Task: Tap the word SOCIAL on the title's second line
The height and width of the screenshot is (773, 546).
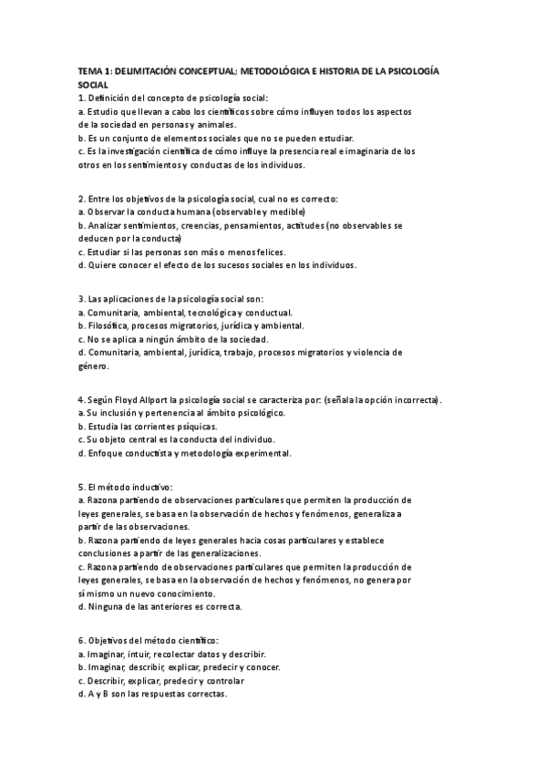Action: (x=94, y=84)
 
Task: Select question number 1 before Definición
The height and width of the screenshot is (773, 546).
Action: (x=81, y=98)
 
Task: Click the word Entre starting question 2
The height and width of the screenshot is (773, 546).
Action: (x=102, y=198)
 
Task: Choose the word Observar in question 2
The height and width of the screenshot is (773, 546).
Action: (x=108, y=211)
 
